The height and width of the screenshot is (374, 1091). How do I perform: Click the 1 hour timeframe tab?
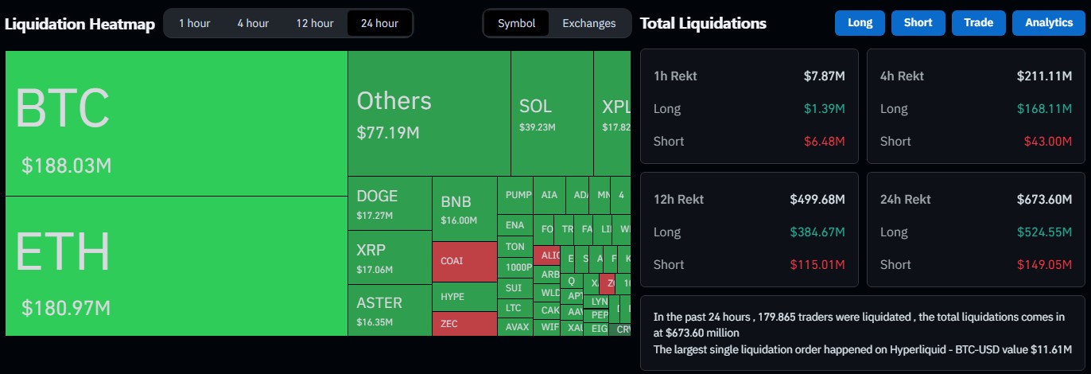(194, 23)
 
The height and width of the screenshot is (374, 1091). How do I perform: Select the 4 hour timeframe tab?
(253, 23)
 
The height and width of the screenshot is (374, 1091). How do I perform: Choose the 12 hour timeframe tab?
(315, 23)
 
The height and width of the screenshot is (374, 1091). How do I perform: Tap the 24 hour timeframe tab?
(379, 23)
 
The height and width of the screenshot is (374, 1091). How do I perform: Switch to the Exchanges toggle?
(589, 23)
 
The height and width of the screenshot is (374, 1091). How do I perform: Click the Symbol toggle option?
(517, 23)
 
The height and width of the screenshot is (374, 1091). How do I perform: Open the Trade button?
(978, 23)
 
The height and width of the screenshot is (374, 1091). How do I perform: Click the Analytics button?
(1049, 23)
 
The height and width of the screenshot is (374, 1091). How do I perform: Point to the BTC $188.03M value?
(66, 166)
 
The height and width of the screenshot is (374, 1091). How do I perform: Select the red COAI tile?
(464, 261)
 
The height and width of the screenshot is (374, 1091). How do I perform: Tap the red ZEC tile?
(464, 323)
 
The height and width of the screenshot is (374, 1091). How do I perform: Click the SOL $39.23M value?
(538, 127)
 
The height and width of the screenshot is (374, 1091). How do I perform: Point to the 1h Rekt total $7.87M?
(824, 76)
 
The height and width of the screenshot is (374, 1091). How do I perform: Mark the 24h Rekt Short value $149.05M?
(1044, 264)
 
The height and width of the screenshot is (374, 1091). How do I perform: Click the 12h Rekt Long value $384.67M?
(817, 232)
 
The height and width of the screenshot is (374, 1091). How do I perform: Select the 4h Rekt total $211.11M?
(1044, 76)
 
